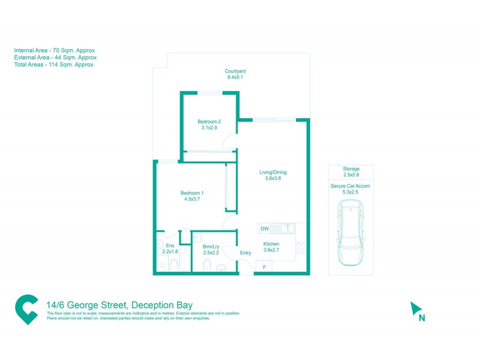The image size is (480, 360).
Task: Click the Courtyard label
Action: click(x=236, y=71)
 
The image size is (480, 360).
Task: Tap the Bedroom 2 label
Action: click(x=209, y=122)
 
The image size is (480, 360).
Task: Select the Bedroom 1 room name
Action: click(x=192, y=193)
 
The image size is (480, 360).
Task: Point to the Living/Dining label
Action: click(x=273, y=173)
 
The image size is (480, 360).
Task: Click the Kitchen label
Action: click(x=271, y=244)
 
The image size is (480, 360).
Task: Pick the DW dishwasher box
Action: click(x=265, y=228)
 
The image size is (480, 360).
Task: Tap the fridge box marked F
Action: click(x=262, y=266)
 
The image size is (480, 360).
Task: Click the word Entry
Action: click(x=245, y=253)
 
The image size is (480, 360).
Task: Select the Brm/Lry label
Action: click(x=210, y=247)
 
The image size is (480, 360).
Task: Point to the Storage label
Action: click(x=351, y=169)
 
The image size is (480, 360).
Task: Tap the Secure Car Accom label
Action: click(x=350, y=187)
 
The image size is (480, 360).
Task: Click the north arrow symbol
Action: click(x=416, y=310)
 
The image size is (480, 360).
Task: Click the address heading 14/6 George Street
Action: click(x=119, y=305)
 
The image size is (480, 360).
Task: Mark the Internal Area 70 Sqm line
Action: click(x=55, y=50)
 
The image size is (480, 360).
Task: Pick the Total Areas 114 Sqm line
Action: click(x=53, y=64)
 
